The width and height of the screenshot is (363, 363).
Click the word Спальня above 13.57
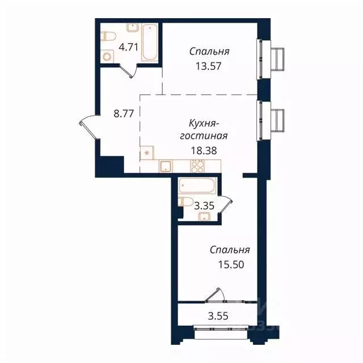tap(209, 51)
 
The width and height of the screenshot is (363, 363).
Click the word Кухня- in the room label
tap(204, 123)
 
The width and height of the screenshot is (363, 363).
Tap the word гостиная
tap(204, 136)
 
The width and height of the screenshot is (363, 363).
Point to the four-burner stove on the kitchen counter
tap(197, 166)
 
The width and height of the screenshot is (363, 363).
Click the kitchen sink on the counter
tap(166, 166)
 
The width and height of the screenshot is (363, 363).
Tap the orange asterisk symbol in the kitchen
tap(147, 153)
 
